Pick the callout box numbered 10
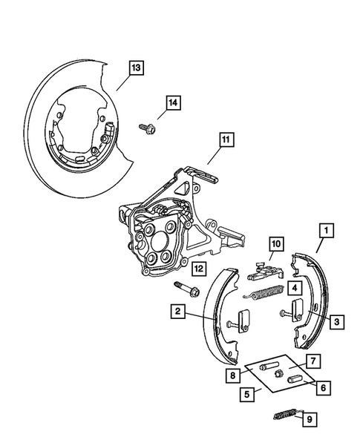(x=275, y=243)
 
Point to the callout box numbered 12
(x=197, y=267)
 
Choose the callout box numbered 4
(x=295, y=287)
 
